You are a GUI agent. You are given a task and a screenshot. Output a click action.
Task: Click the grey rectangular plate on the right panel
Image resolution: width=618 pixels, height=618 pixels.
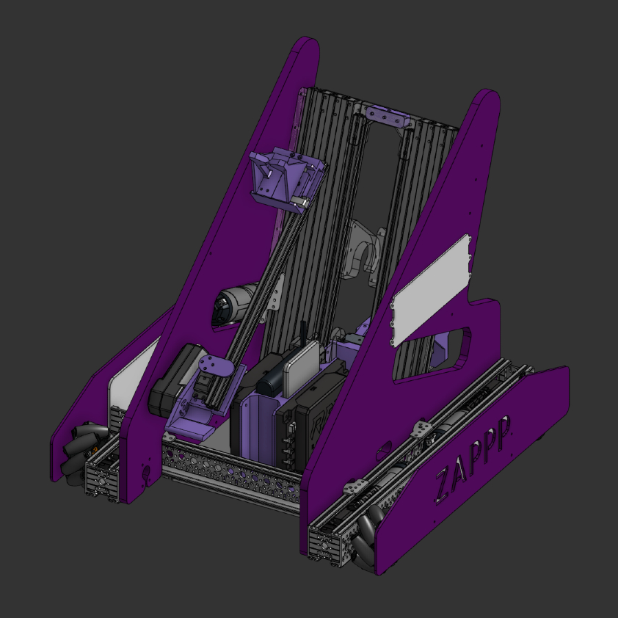[x=431, y=290]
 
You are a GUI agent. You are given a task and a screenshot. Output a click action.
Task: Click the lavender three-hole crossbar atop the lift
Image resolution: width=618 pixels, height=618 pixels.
[x=388, y=115]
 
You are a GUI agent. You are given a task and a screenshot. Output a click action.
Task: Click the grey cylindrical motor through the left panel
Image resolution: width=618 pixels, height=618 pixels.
[x=236, y=304]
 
